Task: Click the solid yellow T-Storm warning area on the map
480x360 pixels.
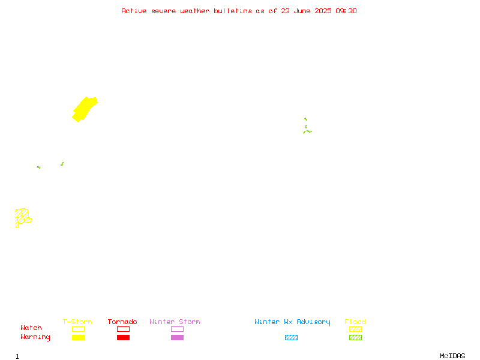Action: (x=84, y=109)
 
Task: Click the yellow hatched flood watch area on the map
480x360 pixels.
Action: (x=22, y=217)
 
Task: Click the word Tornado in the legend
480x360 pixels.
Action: (x=122, y=322)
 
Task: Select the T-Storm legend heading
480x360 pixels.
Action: (x=77, y=322)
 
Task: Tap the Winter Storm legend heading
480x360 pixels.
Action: (x=175, y=322)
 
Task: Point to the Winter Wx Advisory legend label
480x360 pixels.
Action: (x=292, y=322)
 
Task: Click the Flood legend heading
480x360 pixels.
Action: (x=355, y=322)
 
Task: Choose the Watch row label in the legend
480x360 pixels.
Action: (x=31, y=328)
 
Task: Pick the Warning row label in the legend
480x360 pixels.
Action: (x=35, y=337)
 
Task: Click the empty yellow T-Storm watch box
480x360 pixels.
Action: (x=79, y=329)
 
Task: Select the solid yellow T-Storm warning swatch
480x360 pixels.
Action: (x=79, y=337)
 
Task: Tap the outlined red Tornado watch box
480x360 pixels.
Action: (x=124, y=329)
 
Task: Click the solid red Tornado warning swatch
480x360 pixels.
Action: (x=124, y=337)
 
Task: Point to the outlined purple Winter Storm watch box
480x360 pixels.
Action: (x=177, y=329)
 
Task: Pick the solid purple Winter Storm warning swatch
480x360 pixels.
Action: (x=177, y=337)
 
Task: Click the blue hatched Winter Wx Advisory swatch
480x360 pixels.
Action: (x=291, y=337)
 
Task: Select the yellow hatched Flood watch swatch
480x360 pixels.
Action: (x=355, y=329)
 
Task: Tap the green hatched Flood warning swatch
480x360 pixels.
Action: (x=355, y=337)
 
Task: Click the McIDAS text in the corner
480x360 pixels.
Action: (x=452, y=356)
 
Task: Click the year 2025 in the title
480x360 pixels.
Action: (x=323, y=11)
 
